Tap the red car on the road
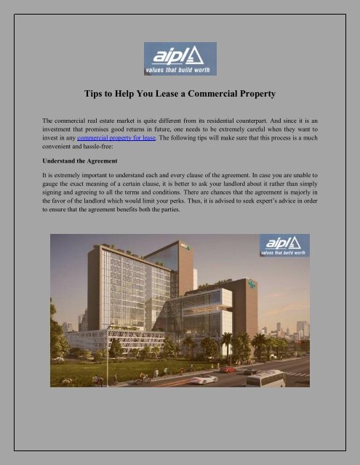[228, 369]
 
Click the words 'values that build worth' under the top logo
[179, 67]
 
